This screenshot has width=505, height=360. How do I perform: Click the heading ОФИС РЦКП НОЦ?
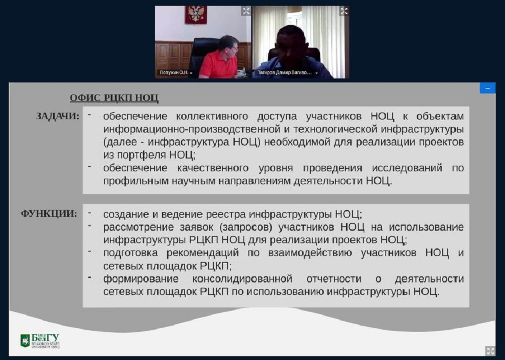click(114, 98)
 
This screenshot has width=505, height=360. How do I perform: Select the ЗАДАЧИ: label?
click(58, 116)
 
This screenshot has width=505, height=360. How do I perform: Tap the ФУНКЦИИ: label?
click(49, 214)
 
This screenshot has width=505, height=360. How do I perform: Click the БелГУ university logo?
click(40, 341)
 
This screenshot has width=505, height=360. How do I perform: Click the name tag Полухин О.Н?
click(174, 73)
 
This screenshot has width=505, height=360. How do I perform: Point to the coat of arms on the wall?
click(196, 14)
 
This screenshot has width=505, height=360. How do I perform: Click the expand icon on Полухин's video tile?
click(246, 11)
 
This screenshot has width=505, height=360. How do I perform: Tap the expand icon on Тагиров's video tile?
click(344, 11)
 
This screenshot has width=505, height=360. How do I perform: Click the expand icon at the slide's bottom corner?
click(490, 351)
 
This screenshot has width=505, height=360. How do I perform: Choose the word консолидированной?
click(242, 279)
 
